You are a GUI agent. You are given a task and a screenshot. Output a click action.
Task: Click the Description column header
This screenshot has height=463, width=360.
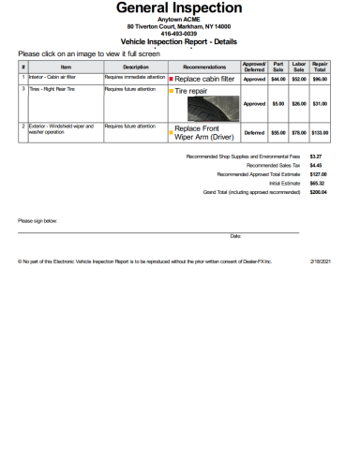pos(136,67)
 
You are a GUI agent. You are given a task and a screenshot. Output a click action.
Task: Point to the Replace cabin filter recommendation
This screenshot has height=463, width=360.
pos(204,80)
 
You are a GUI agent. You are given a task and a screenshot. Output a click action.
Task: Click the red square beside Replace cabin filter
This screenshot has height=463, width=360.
pos(171,80)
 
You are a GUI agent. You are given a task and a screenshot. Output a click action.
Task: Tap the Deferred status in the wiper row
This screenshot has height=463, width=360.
pos(254,132)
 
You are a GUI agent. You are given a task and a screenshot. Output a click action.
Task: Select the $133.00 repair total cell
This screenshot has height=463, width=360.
pos(320,132)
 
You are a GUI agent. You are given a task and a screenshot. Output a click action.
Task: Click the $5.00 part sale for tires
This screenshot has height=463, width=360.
pos(277,103)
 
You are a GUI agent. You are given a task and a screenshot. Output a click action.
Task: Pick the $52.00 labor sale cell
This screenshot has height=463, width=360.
pos(299,80)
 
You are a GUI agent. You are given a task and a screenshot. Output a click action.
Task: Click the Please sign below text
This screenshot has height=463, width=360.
pos(37,221)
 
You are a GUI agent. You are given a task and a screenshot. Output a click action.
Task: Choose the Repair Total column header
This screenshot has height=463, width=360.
pos(320,67)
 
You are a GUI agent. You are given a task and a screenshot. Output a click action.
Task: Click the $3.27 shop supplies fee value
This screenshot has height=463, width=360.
pos(316,157)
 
